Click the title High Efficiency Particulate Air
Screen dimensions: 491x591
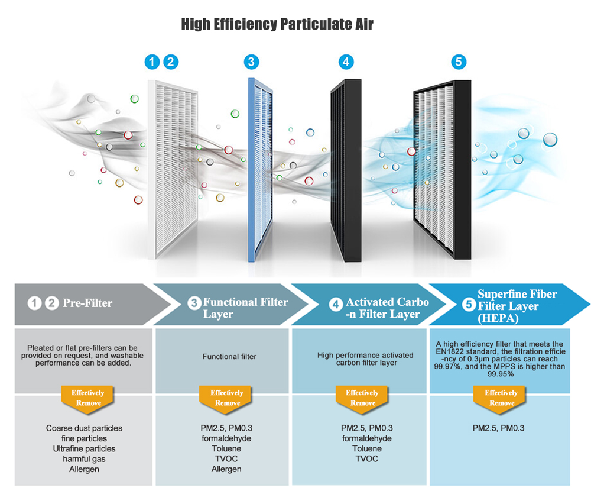pos(277,24)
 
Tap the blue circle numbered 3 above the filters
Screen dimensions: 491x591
pos(251,62)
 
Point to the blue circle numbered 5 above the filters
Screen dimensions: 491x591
pos(458,62)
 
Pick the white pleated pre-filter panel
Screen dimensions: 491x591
pos(174,169)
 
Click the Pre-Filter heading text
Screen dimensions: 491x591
pos(87,303)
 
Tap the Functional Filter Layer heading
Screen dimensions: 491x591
pos(245,308)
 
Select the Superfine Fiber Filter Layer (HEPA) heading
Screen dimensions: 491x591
pos(517,306)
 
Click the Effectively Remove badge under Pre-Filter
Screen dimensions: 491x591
pos(88,398)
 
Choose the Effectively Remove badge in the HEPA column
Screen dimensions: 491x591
pos(501,398)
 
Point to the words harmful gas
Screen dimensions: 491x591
pos(84,459)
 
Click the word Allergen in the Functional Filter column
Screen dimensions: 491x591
pos(226,469)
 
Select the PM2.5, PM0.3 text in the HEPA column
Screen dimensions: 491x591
pos(499,428)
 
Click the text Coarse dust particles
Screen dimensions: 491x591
pos(84,428)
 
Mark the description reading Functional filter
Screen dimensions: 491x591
pos(229,357)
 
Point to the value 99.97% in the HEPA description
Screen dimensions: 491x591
pos(448,367)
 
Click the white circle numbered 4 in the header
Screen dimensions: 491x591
pos(336,305)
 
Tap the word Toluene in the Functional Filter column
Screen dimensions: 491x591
pos(226,449)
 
